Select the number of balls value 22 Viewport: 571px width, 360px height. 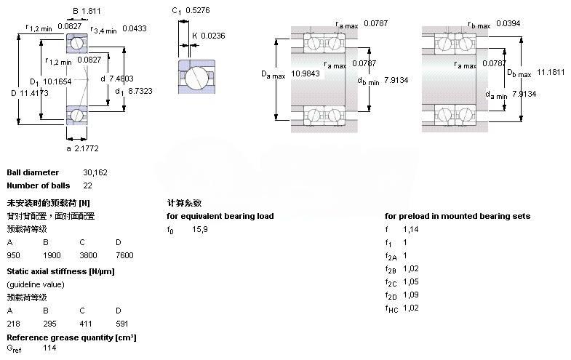[89, 185]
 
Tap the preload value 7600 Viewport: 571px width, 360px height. [124, 255]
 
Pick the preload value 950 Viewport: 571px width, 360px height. [14, 255]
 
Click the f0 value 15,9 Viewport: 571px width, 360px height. [200, 229]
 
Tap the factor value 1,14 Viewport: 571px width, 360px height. [411, 229]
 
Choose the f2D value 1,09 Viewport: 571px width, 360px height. [411, 295]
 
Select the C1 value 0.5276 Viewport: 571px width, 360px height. [199, 11]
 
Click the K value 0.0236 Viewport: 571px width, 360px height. [214, 36]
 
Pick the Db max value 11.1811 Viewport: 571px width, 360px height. [551, 73]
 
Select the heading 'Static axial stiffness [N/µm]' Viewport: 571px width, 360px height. [60, 271]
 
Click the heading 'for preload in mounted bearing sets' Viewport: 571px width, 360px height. [458, 216]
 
